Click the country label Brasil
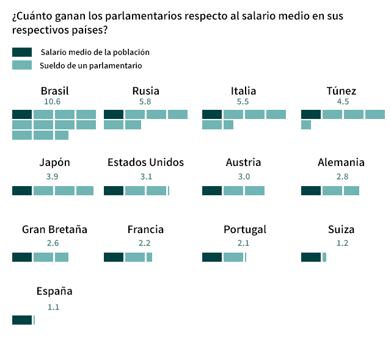pyautogui.click(x=54, y=91)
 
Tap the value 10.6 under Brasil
pyautogui.click(x=53, y=102)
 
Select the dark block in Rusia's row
pyautogui.click(x=114, y=114)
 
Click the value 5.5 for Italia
pyautogui.click(x=243, y=102)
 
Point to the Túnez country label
pyautogui.click(x=341, y=91)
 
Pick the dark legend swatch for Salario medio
pyautogui.click(x=22, y=52)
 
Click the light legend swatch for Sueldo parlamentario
pyautogui.click(x=22, y=65)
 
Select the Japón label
pyautogui.click(x=54, y=162)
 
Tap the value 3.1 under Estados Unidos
pyautogui.click(x=145, y=176)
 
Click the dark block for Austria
pyautogui.click(x=212, y=190)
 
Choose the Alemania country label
pyautogui.click(x=341, y=162)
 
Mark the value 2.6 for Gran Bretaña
pyautogui.click(x=53, y=243)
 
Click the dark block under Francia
pyautogui.click(x=114, y=257)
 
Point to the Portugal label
pyautogui.click(x=244, y=229)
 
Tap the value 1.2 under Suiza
pyautogui.click(x=342, y=243)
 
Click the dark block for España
pyautogui.click(x=22, y=320)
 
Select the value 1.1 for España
pyautogui.click(x=53, y=307)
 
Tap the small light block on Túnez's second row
pyautogui.click(x=306, y=124)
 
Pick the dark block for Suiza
pyautogui.click(x=311, y=257)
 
